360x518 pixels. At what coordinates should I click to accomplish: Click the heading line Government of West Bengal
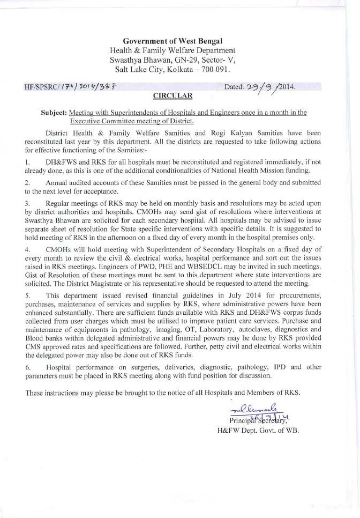172,41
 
